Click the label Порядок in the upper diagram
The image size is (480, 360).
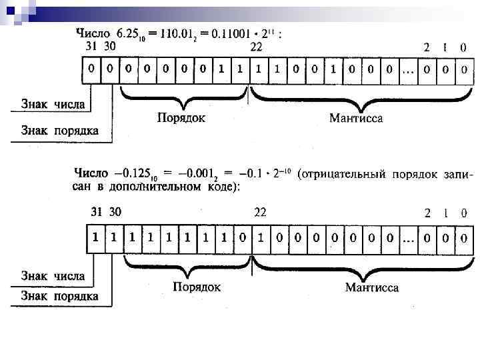(x=181, y=118)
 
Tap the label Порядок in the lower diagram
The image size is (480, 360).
(x=197, y=287)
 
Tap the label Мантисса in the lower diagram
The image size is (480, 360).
(x=371, y=288)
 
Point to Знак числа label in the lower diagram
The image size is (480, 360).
(x=53, y=275)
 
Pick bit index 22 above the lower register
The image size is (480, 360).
(x=260, y=213)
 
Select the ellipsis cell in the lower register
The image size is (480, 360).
(x=409, y=238)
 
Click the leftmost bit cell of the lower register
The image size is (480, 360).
(x=97, y=238)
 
